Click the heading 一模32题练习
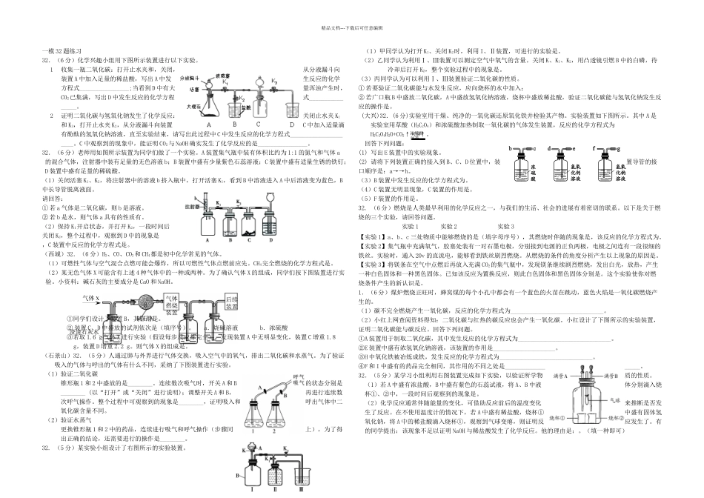tap(59, 50)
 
